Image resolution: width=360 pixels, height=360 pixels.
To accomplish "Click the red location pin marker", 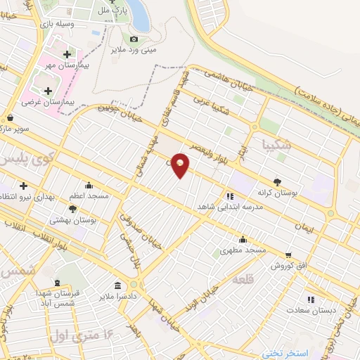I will (181, 165).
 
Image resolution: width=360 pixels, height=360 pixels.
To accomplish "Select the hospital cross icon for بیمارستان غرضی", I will (48, 91).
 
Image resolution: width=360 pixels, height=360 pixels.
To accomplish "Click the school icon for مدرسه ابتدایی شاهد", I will (230, 197).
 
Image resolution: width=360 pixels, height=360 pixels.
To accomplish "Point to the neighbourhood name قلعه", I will (247, 279).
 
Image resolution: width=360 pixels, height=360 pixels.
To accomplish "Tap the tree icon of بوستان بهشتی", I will (73, 209).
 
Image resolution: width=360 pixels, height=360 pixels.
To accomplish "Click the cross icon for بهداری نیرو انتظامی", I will (23, 186).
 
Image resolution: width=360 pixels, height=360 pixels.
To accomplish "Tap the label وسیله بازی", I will (51, 24).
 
